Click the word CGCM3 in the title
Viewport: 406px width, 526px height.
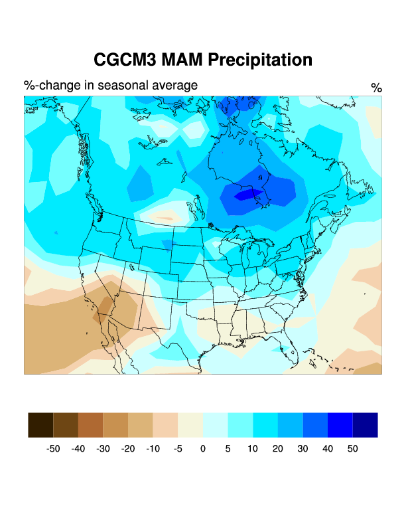coord(124,60)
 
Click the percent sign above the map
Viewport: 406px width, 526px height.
coord(376,88)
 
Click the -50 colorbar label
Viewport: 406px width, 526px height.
coord(53,449)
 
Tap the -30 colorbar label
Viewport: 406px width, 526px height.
coord(103,449)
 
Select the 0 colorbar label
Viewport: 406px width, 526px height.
coord(203,449)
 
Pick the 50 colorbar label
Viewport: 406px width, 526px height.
coord(352,449)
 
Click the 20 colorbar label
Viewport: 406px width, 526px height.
coord(277,449)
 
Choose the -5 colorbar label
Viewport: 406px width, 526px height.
coord(178,449)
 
